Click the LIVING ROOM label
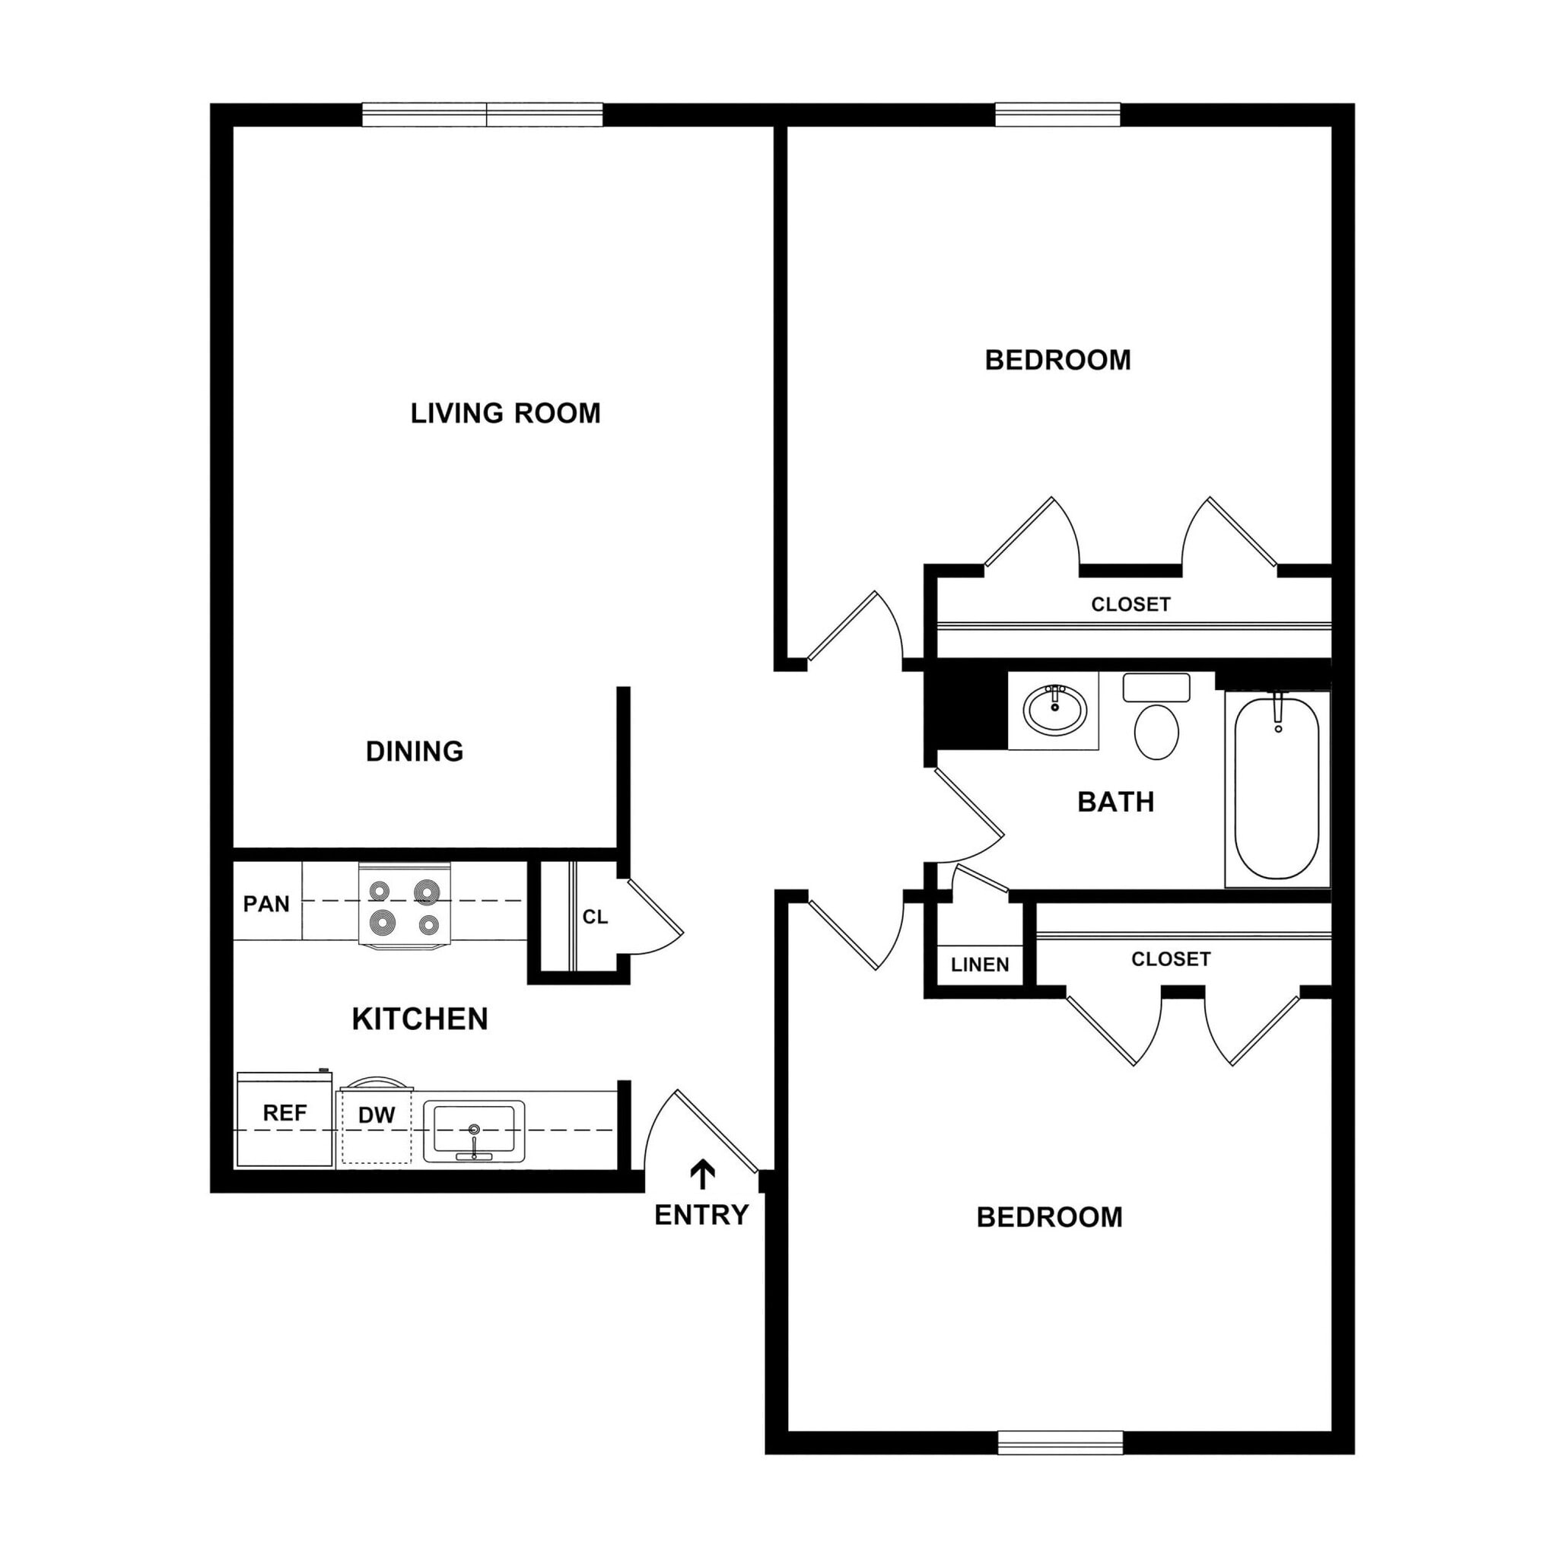click(506, 414)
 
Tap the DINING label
click(415, 752)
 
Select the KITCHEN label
click(419, 1019)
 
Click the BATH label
click(1115, 802)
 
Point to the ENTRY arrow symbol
click(702, 1175)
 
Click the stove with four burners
click(404, 905)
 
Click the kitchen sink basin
click(474, 1128)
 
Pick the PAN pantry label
click(266, 904)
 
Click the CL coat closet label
click(595, 917)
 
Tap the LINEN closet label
click(980, 965)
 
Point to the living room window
click(482, 116)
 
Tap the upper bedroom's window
click(1058, 116)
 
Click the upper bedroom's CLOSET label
click(1130, 604)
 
